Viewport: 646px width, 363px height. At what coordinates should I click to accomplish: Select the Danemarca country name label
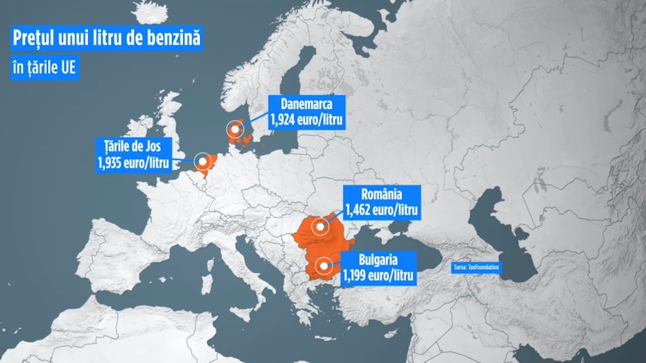(x=307, y=105)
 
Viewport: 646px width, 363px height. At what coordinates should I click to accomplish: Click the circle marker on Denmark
(x=236, y=128)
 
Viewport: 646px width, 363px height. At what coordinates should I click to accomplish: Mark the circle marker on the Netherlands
(x=203, y=162)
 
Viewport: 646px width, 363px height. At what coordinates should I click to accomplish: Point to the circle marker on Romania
(x=319, y=226)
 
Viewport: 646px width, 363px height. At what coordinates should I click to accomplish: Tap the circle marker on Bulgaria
(x=322, y=265)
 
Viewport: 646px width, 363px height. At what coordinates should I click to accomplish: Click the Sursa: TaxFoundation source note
(x=477, y=266)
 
